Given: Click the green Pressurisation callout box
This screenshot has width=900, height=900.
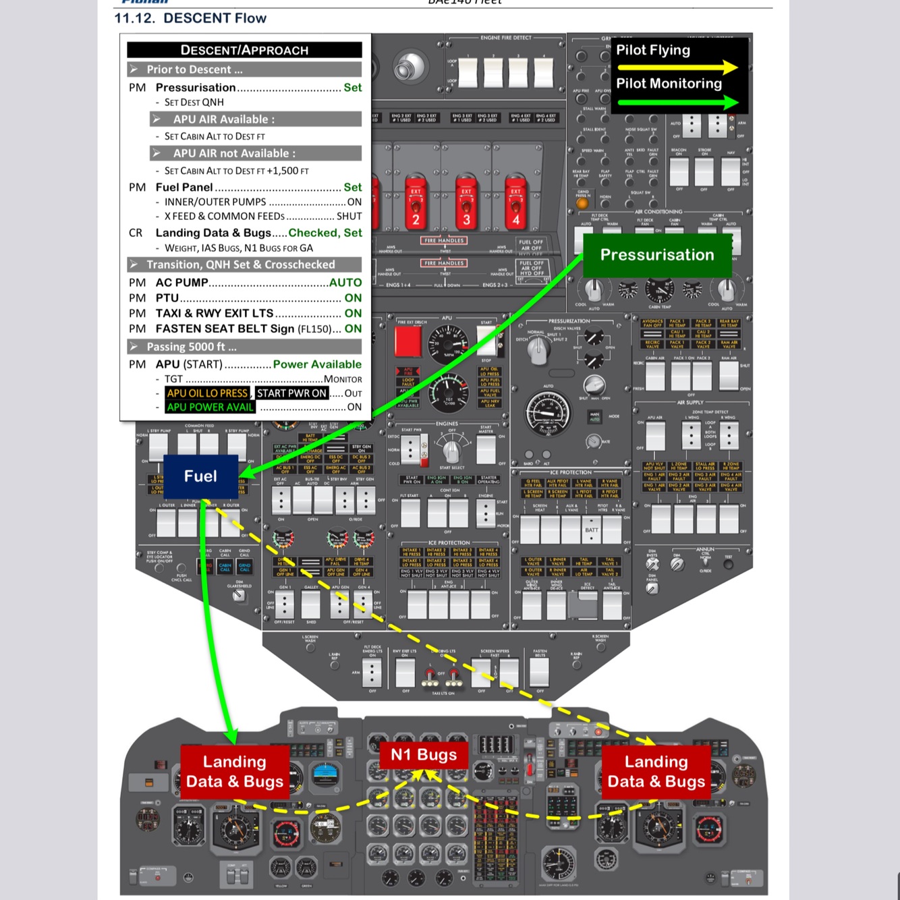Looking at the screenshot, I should coord(656,255).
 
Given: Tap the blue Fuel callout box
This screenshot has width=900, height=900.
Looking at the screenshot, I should coord(200,476).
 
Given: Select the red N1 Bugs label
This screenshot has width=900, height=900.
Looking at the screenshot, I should coord(424,755).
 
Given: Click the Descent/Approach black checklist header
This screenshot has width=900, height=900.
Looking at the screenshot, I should coord(244,50).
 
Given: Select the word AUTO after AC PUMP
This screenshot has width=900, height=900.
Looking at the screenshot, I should coord(345,283).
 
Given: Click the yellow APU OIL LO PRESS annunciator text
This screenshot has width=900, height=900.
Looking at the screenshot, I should coord(208,393).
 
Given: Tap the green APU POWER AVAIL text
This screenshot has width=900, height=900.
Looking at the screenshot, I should coord(210,407).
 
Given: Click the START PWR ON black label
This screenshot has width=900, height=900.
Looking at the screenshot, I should coord(291,393).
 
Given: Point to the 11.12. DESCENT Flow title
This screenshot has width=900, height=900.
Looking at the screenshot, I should coord(190,18).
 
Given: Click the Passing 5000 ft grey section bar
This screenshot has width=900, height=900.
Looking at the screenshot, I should coord(244,347).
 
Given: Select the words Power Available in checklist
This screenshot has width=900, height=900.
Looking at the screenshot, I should coord(317,364).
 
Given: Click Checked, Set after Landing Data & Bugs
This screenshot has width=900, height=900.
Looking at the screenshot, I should coord(325,233).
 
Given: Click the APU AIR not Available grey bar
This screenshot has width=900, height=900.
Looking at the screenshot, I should coord(255,153).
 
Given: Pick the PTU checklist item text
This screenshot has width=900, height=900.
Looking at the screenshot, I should coord(167,298).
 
